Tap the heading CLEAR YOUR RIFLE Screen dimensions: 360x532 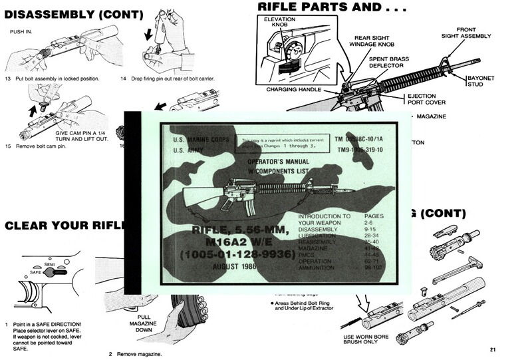coord(60,226)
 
